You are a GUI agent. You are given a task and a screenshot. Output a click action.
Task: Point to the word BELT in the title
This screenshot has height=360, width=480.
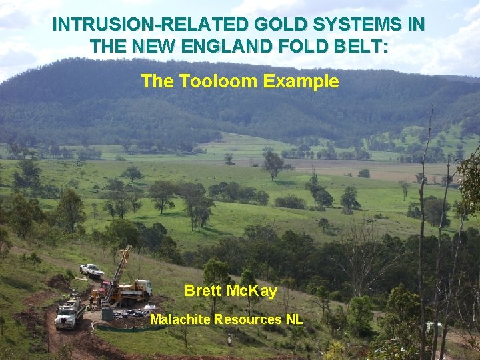[x=363, y=47]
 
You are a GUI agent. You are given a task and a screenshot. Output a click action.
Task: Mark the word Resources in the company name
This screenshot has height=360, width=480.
[x=249, y=319]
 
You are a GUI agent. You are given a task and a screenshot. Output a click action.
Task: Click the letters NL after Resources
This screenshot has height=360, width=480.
[x=294, y=319]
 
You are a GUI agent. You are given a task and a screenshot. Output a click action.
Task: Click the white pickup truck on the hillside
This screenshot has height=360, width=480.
[x=91, y=271]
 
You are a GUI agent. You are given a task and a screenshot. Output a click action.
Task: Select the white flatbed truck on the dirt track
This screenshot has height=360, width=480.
[x=69, y=313]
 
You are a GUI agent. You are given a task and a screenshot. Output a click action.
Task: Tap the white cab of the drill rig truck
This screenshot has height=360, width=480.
[x=143, y=286]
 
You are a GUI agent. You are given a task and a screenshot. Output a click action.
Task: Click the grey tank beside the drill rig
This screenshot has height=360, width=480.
[x=107, y=313]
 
